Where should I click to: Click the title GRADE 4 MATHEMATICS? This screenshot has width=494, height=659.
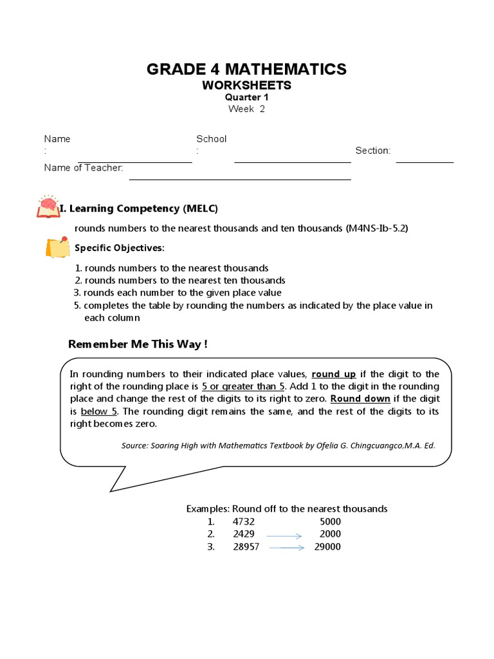pyautogui.click(x=246, y=69)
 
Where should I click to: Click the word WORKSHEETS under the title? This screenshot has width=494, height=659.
pyautogui.click(x=246, y=86)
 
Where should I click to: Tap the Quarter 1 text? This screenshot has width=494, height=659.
pyautogui.click(x=246, y=97)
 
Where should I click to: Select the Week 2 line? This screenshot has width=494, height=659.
pyautogui.click(x=246, y=109)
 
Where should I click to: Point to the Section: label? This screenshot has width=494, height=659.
pyautogui.click(x=372, y=151)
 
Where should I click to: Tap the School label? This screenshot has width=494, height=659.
pyautogui.click(x=211, y=139)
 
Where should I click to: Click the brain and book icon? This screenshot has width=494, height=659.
pyautogui.click(x=47, y=206)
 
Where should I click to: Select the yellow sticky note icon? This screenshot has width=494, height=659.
pyautogui.click(x=57, y=247)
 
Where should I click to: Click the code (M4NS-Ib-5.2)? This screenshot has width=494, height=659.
pyautogui.click(x=377, y=228)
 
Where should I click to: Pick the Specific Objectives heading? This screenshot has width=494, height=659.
pyautogui.click(x=119, y=248)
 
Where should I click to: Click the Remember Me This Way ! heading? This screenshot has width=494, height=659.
pyautogui.click(x=138, y=344)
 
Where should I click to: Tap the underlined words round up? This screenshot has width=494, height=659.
pyautogui.click(x=334, y=374)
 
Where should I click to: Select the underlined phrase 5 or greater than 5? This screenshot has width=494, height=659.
pyautogui.click(x=242, y=386)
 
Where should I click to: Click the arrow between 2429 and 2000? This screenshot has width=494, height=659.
pyautogui.click(x=284, y=535)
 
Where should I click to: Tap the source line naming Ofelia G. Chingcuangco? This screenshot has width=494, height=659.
pyautogui.click(x=278, y=445)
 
